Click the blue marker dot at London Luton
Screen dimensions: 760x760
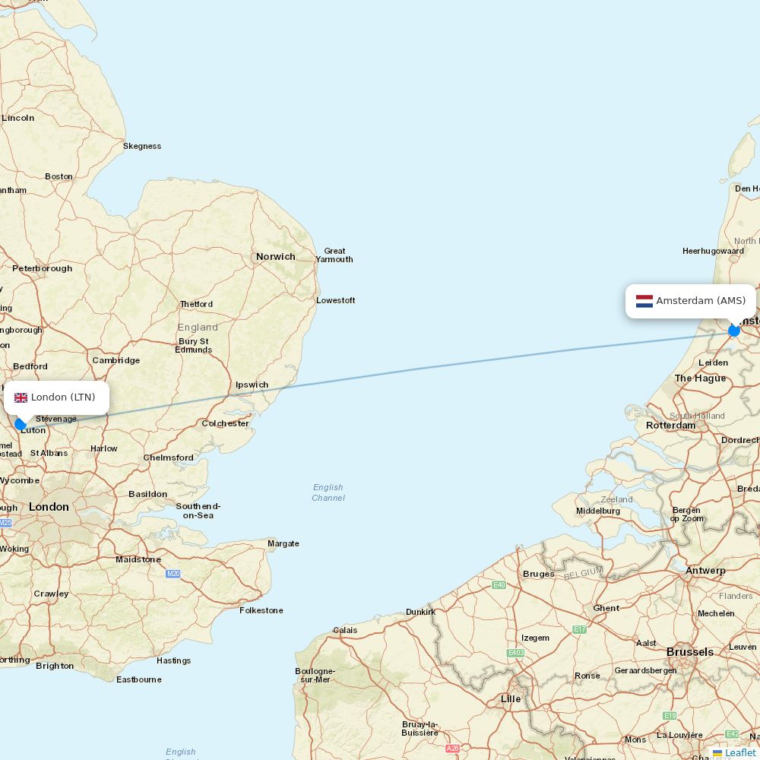[21, 424]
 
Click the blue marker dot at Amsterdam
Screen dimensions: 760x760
[734, 331]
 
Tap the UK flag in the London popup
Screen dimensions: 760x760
[21, 397]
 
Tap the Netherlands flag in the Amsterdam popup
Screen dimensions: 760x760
[644, 301]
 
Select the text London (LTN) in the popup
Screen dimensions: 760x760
[63, 397]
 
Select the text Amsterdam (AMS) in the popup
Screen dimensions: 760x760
[701, 301]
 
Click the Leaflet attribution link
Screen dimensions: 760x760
[739, 752]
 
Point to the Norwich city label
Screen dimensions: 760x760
[275, 257]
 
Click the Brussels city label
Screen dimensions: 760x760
[690, 652]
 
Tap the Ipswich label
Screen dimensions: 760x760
[252, 385]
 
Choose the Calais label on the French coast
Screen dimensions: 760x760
[345, 630]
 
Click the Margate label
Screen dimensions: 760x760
[283, 543]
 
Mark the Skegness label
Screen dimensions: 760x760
[142, 146]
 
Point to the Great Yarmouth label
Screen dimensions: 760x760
[334, 255]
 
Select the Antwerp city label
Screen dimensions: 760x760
[705, 571]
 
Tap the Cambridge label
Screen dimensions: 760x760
[116, 360]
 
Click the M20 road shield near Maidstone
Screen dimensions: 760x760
[173, 574]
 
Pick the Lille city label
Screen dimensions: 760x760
[511, 698]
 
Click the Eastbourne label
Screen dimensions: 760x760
[138, 679]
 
